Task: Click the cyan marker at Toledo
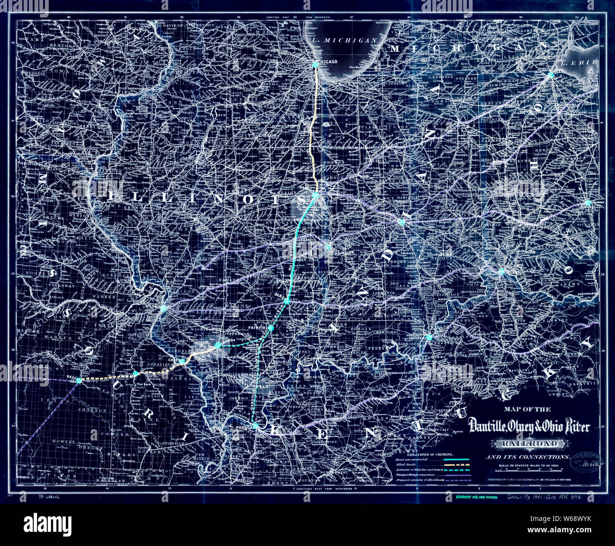coord(551,75)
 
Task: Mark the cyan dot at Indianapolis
coord(401,221)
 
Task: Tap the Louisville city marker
coord(429,337)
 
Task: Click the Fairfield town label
coord(258,327)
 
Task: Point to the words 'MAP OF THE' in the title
coord(527,410)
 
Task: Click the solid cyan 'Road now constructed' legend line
coord(456,459)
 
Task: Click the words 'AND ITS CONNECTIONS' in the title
coord(527,457)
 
